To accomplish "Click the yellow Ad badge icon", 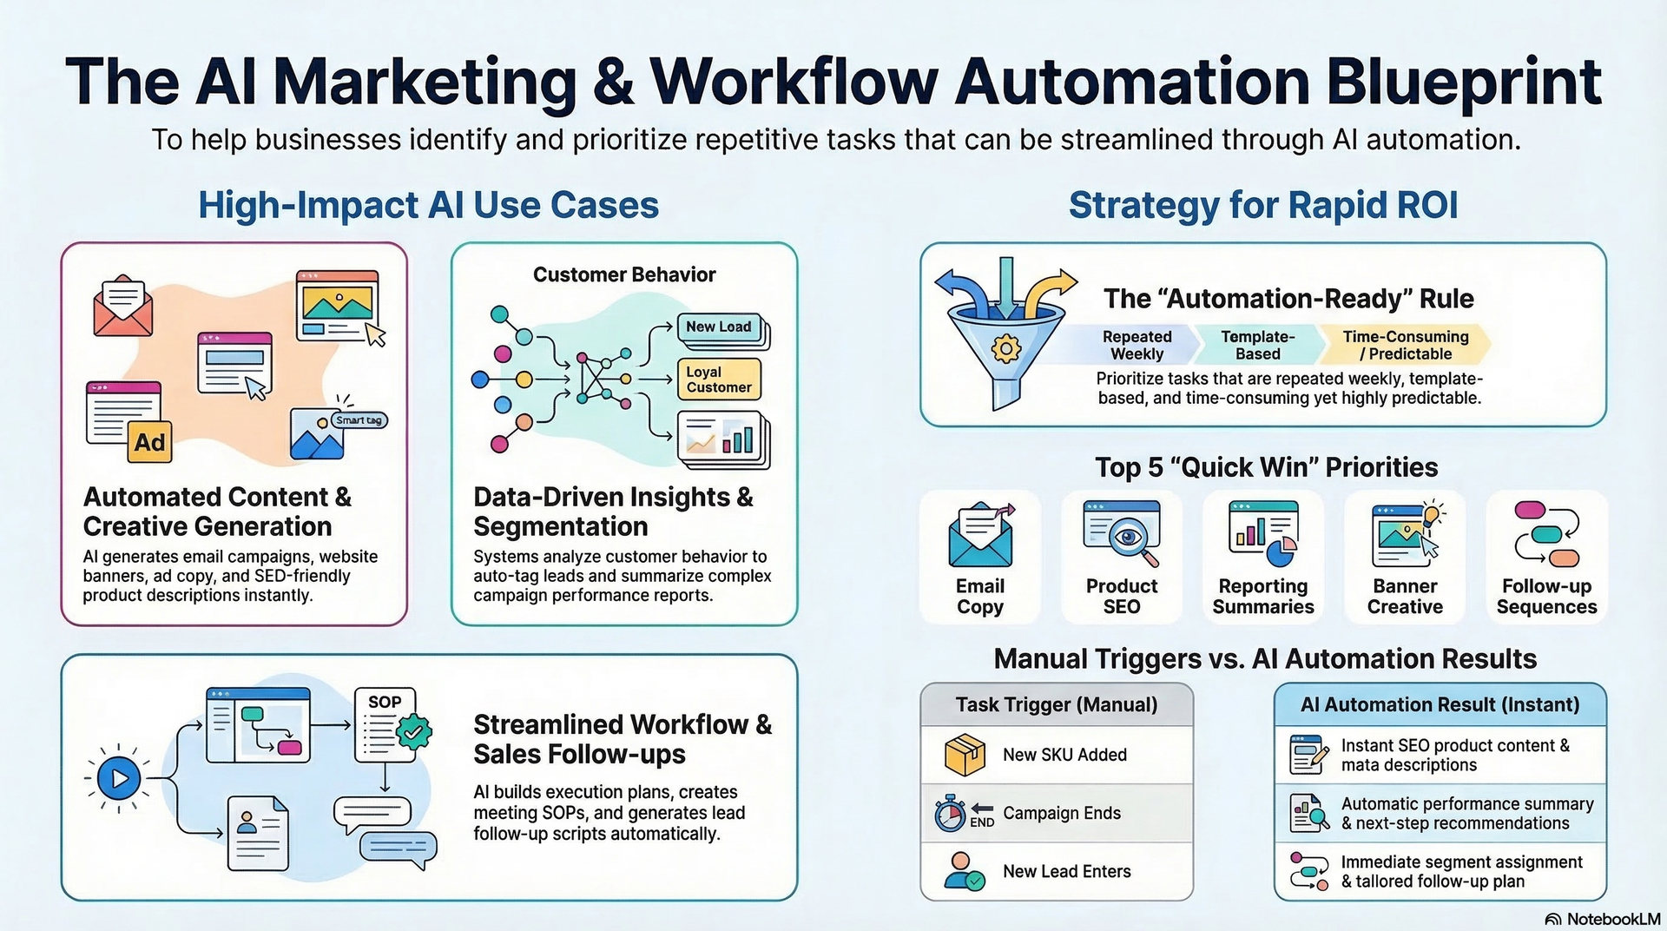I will (x=149, y=443).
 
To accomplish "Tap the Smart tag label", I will (x=359, y=420).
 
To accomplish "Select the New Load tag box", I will (x=719, y=327).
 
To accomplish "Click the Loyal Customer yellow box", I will (x=719, y=380).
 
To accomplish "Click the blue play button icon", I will (x=119, y=778).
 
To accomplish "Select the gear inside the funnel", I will (x=1006, y=349).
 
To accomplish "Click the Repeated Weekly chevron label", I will (x=1137, y=345).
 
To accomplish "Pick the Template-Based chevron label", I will (x=1257, y=345).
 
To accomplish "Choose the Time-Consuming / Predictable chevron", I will (x=1405, y=345).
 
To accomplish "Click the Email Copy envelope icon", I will (x=980, y=535).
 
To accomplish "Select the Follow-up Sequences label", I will (x=1546, y=597).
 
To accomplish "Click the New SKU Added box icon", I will (x=965, y=755).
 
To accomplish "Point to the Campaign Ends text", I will (x=1062, y=813).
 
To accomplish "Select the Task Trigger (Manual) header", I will (x=1057, y=704).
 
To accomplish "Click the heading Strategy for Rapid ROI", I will (x=1262, y=206).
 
